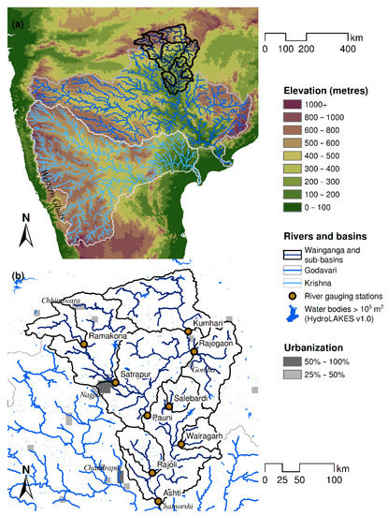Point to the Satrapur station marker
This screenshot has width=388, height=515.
115,381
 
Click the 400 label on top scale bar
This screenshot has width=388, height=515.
347,47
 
